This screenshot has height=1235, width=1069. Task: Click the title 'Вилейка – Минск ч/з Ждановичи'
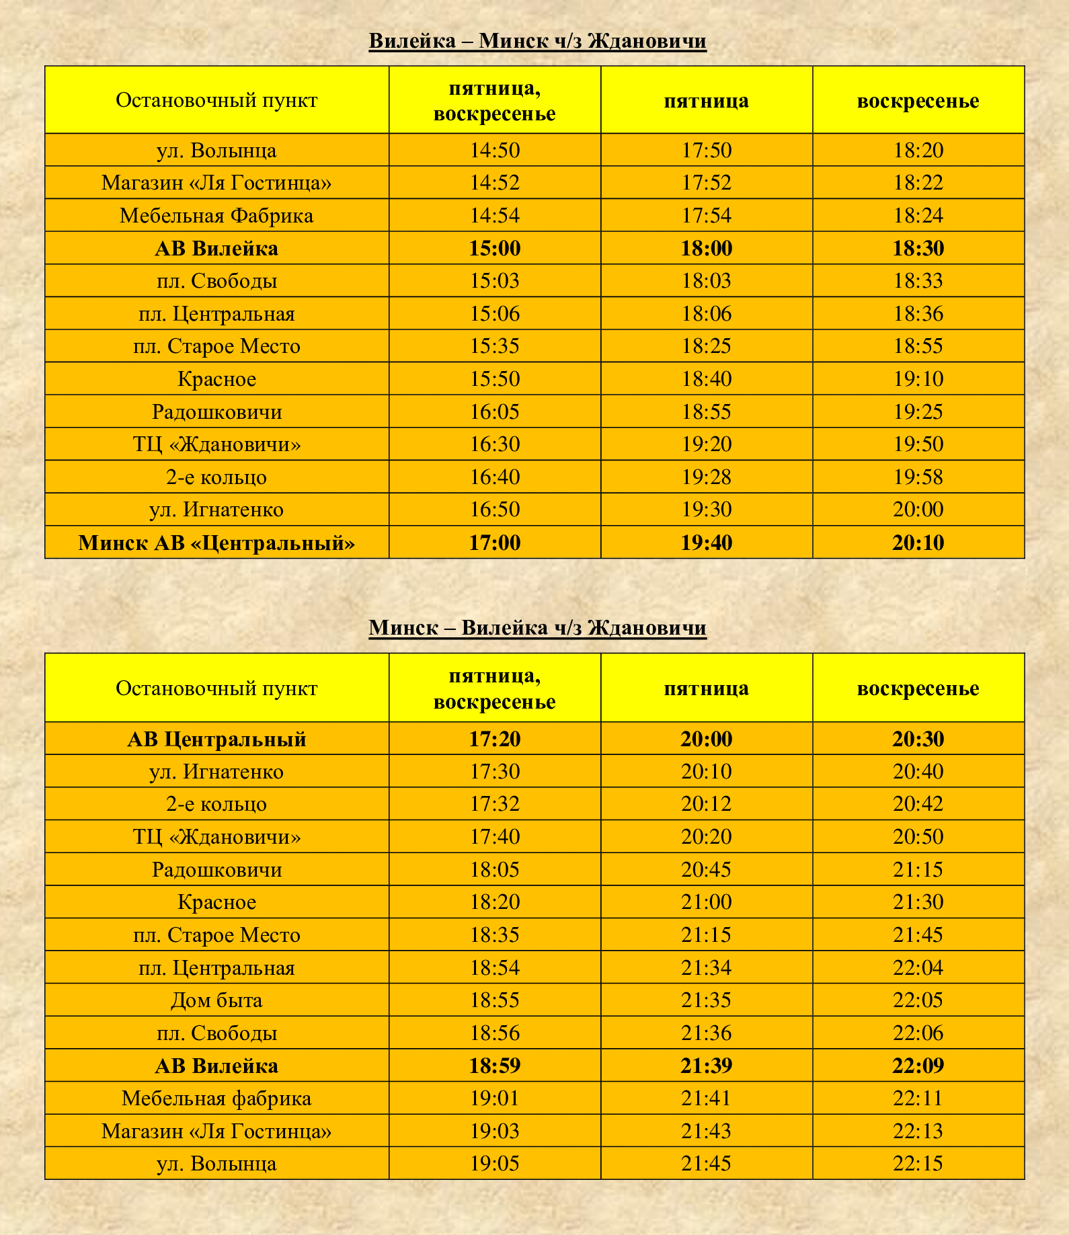[537, 41]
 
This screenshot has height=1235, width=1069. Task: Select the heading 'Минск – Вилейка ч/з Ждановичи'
[537, 628]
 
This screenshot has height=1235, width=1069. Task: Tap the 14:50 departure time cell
[495, 150]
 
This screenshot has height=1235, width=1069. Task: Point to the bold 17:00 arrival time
[495, 543]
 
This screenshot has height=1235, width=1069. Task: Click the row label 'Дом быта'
[216, 1000]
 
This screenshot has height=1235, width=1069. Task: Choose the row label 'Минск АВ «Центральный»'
[216, 543]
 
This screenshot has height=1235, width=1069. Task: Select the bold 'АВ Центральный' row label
[216, 739]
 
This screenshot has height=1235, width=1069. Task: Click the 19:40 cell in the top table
[706, 543]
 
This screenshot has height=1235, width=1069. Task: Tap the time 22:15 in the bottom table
[918, 1164]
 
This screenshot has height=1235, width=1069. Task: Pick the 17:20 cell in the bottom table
[495, 739]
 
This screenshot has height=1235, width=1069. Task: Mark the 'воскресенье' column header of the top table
[918, 101]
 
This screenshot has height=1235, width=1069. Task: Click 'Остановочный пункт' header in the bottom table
[216, 688]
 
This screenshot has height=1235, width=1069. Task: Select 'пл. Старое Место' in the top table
[216, 346]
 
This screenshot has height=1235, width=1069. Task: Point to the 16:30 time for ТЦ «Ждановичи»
[495, 444]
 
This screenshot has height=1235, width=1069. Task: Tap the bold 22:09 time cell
[918, 1066]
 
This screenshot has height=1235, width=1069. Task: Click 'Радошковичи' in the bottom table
[216, 870]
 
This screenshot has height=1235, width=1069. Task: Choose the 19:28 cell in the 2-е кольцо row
[706, 477]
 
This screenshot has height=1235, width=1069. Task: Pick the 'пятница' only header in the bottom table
[706, 688]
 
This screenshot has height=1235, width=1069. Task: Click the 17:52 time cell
[706, 183]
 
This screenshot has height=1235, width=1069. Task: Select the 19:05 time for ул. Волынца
[495, 1164]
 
